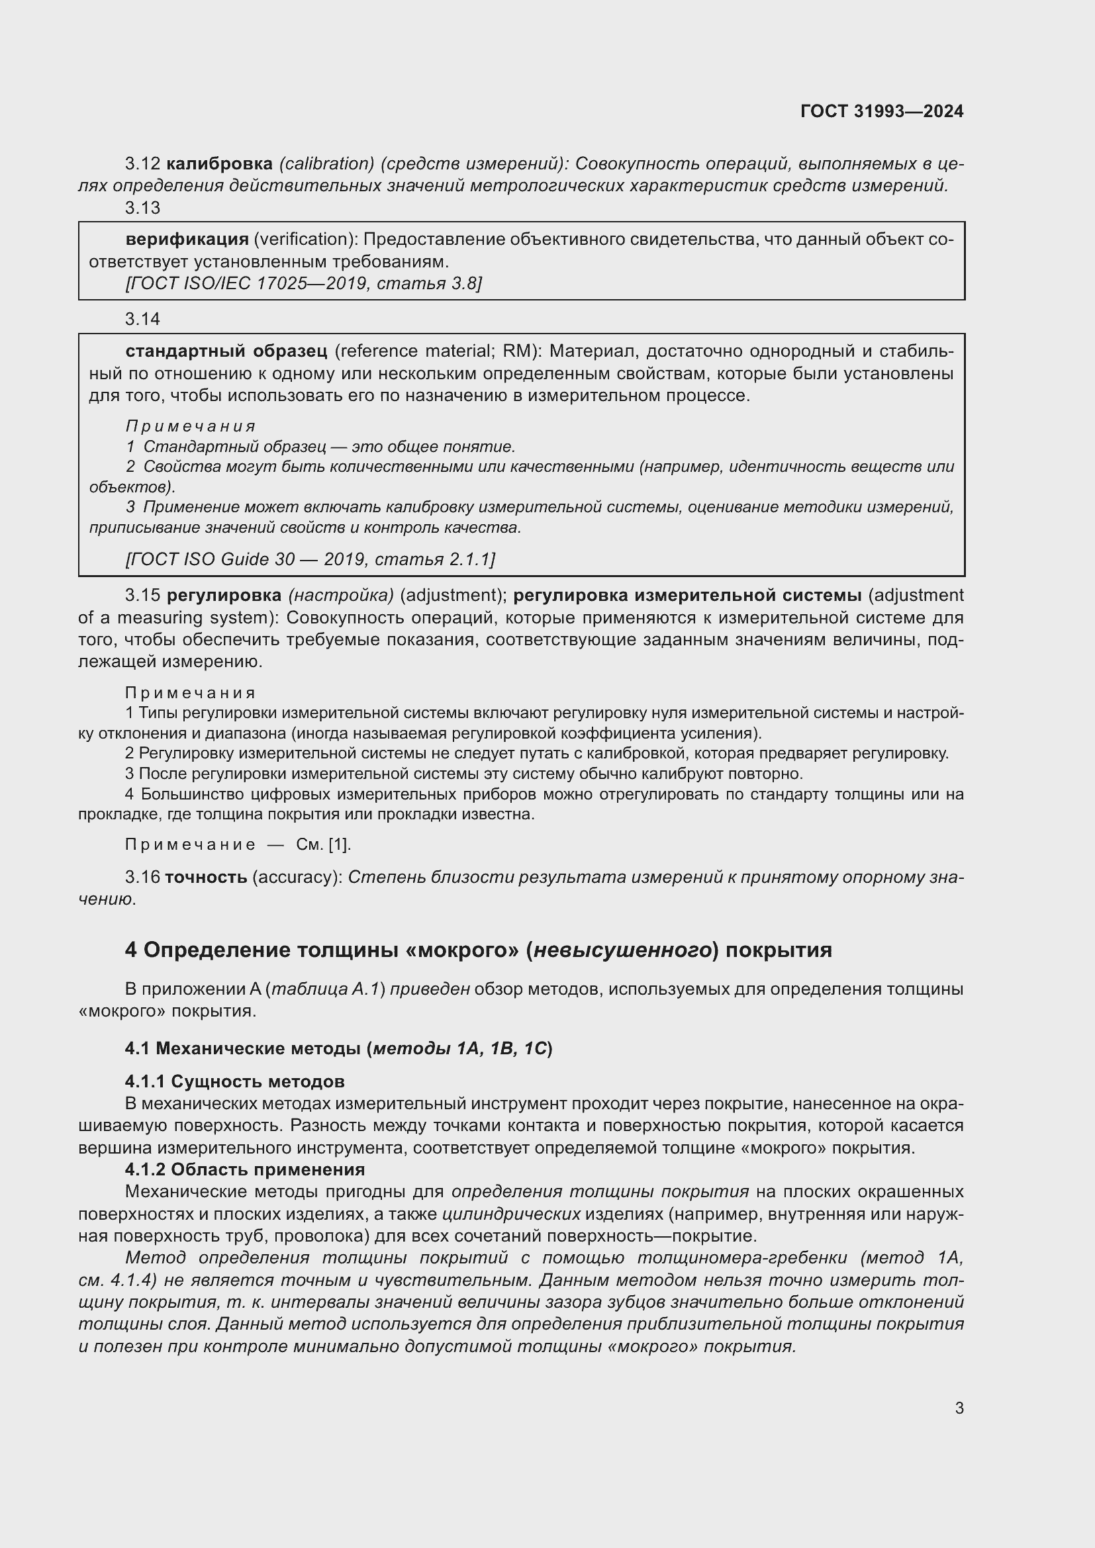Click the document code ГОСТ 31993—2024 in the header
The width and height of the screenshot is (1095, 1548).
881,111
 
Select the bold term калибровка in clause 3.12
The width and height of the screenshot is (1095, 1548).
219,164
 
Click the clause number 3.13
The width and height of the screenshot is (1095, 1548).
142,208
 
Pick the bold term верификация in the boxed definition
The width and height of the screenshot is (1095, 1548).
187,240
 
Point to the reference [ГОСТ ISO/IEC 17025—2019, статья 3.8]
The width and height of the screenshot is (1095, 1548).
303,283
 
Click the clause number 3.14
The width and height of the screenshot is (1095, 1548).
142,319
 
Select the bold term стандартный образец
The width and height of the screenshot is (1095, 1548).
226,351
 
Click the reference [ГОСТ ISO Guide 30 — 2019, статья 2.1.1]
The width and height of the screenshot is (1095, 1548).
310,559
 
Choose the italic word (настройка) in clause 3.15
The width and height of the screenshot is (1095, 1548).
340,596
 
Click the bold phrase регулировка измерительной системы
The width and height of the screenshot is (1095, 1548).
687,596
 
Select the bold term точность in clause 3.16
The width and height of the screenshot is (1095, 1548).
206,877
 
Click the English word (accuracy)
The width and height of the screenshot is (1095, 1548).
297,877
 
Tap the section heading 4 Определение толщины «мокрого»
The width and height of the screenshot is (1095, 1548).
477,950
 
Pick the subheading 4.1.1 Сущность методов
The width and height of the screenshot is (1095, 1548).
234,1081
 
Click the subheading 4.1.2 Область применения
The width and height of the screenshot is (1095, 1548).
244,1169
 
